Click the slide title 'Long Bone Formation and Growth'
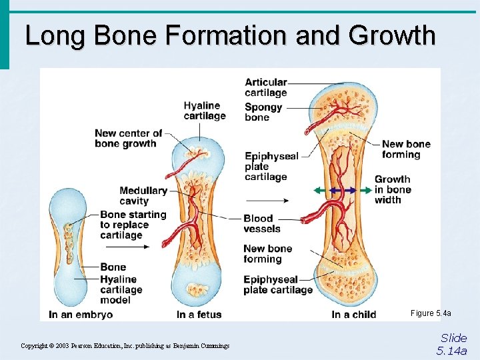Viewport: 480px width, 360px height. point(230,35)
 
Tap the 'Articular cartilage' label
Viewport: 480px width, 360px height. point(265,87)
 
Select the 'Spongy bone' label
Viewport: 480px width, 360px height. point(263,112)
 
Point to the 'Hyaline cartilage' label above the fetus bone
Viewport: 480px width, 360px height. point(205,111)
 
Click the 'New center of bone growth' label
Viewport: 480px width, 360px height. point(128,138)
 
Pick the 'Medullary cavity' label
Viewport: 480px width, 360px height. point(143,195)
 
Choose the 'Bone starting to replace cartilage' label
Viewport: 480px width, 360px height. point(133,225)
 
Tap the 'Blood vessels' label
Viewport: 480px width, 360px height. point(262,223)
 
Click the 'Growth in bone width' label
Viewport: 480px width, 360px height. point(393,189)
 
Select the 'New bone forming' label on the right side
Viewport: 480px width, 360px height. point(406,149)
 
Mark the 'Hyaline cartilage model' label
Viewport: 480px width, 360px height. point(121,289)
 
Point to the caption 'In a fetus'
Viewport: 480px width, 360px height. point(199,314)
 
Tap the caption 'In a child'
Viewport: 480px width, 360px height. point(353,314)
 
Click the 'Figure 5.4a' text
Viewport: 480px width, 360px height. point(431,313)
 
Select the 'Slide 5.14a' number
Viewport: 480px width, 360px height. point(453,344)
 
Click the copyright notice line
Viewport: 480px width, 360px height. point(125,345)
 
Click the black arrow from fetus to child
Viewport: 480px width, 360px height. point(267,200)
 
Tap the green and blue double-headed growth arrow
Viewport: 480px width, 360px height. point(343,190)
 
